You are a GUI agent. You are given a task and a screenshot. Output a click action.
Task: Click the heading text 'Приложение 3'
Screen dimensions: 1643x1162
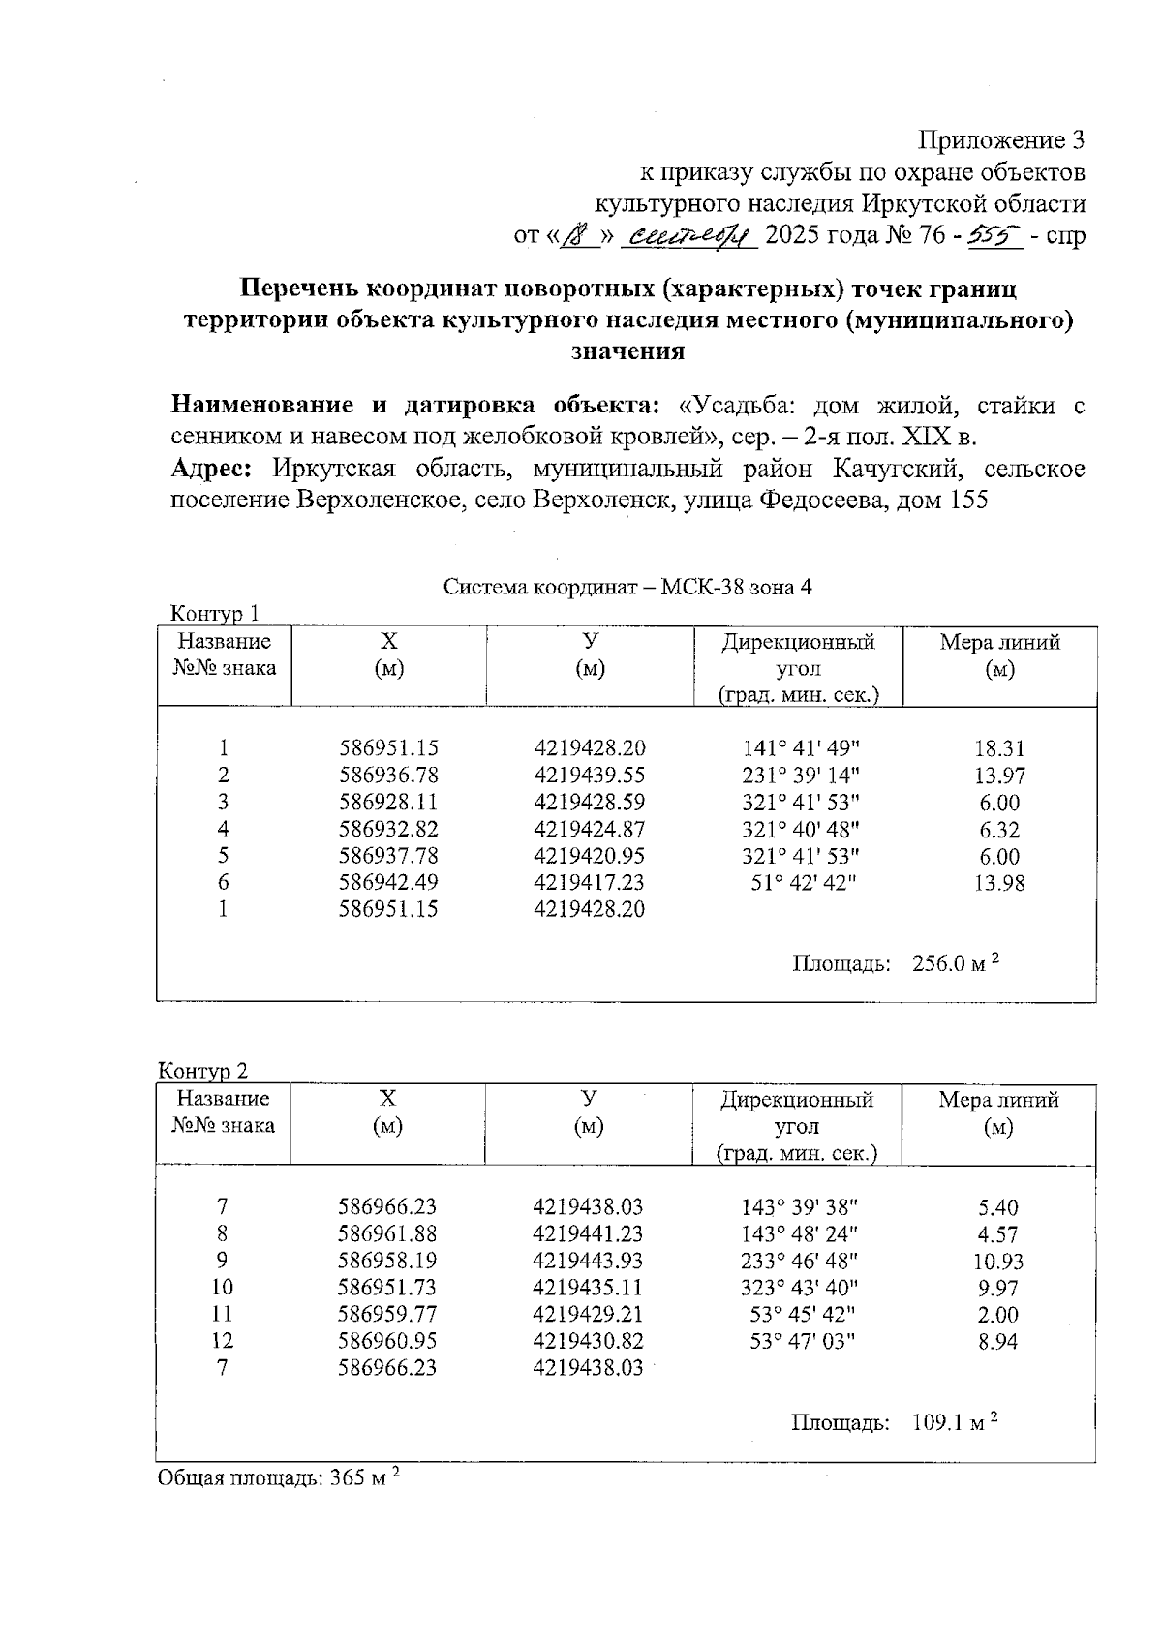pos(1000,141)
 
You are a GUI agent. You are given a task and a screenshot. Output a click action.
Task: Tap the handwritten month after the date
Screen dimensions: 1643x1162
pos(689,235)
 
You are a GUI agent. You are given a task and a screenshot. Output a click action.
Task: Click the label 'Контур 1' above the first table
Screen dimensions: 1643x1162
pos(214,614)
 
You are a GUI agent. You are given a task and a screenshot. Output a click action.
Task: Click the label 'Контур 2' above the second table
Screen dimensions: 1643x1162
pos(203,1071)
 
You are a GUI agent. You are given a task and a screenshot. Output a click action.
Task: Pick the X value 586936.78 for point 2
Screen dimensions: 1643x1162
pos(388,776)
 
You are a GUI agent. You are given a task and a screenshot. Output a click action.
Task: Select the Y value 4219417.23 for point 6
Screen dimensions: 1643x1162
pos(589,882)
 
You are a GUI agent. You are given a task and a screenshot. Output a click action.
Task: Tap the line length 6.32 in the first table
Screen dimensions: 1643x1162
pos(999,829)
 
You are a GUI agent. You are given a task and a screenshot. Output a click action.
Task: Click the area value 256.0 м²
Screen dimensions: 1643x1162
pos(955,963)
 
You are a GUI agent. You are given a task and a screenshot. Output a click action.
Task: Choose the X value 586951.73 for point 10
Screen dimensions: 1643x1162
pos(386,1288)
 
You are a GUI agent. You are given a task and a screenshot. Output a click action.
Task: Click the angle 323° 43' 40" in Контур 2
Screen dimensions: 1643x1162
pos(799,1288)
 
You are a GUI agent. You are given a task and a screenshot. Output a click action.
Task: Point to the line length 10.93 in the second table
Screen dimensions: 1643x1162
pos(997,1262)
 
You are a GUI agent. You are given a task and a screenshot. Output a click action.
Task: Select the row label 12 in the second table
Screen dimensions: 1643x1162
pos(223,1341)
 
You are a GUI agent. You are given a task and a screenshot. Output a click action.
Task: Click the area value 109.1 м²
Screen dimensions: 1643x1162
pos(954,1422)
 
